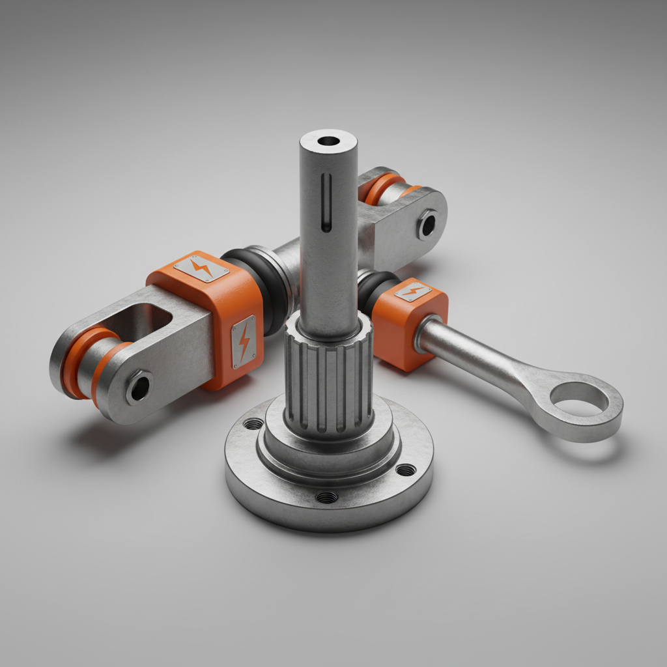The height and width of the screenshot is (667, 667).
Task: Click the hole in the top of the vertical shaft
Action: (329, 141)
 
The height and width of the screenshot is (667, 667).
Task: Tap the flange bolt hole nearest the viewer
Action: (327, 497)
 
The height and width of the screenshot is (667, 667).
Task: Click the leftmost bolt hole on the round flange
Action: (253, 425)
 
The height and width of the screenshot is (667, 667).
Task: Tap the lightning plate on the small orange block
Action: (412, 291)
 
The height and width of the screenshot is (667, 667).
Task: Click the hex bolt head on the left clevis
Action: (139, 388)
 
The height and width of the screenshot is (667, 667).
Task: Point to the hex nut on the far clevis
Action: (427, 225)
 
